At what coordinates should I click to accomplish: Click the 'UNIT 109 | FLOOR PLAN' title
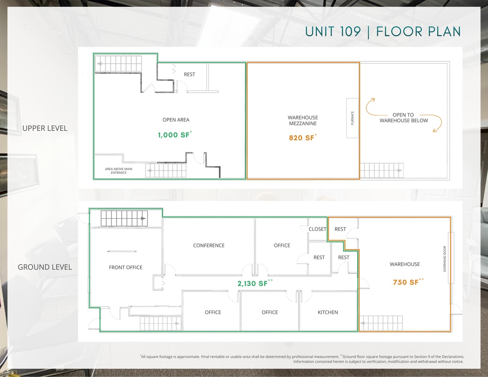click(383, 32)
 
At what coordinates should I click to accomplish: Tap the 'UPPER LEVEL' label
click(45, 128)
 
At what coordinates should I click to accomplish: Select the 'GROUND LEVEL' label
click(45, 267)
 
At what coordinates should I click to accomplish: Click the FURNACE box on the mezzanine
click(353, 118)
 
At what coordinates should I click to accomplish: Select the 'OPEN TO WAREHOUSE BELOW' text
click(404, 118)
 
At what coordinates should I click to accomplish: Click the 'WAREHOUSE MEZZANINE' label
click(303, 121)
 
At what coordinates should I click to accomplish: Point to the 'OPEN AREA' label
click(176, 120)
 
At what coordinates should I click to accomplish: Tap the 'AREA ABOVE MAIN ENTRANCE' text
click(119, 171)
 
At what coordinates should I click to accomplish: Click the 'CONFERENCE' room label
click(209, 245)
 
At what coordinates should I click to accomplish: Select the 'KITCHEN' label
click(328, 312)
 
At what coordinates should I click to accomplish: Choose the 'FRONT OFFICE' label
click(126, 267)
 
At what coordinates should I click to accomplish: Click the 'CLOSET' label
click(317, 229)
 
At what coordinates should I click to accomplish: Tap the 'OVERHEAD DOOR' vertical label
click(445, 259)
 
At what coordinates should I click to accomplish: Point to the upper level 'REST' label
click(189, 75)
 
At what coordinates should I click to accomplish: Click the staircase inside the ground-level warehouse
click(381, 323)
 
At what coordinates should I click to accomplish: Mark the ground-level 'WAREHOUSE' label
click(405, 264)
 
